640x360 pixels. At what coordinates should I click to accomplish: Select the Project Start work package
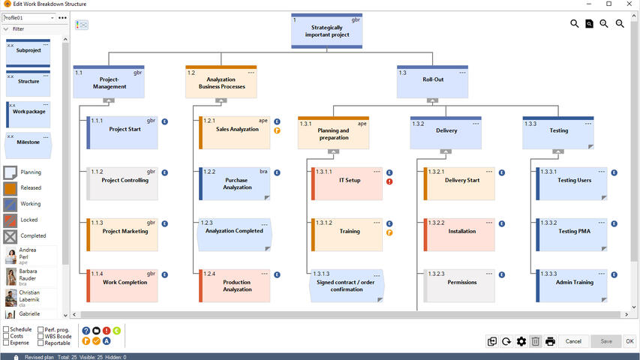pos(124,131)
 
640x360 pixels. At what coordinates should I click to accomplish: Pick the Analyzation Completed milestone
pos(234,232)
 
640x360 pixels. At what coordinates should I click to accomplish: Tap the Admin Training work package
pos(574,283)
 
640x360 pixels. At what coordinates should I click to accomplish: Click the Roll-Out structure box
pos(432,81)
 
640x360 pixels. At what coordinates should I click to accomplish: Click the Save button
pos(605,341)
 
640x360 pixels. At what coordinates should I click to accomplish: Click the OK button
pos(629,341)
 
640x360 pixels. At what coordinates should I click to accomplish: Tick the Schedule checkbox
pos(7,329)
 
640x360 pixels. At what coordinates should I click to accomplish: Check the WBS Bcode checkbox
pos(41,336)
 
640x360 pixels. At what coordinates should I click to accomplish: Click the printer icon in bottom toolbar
pos(550,341)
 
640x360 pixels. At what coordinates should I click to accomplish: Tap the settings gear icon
pos(521,341)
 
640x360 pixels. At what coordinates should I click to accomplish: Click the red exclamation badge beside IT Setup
pos(389,181)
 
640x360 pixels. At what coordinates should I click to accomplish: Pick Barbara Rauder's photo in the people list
pos(11,277)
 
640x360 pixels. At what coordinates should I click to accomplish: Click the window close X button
pos(629,4)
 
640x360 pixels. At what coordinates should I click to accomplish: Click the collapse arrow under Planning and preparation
pos(334,151)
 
